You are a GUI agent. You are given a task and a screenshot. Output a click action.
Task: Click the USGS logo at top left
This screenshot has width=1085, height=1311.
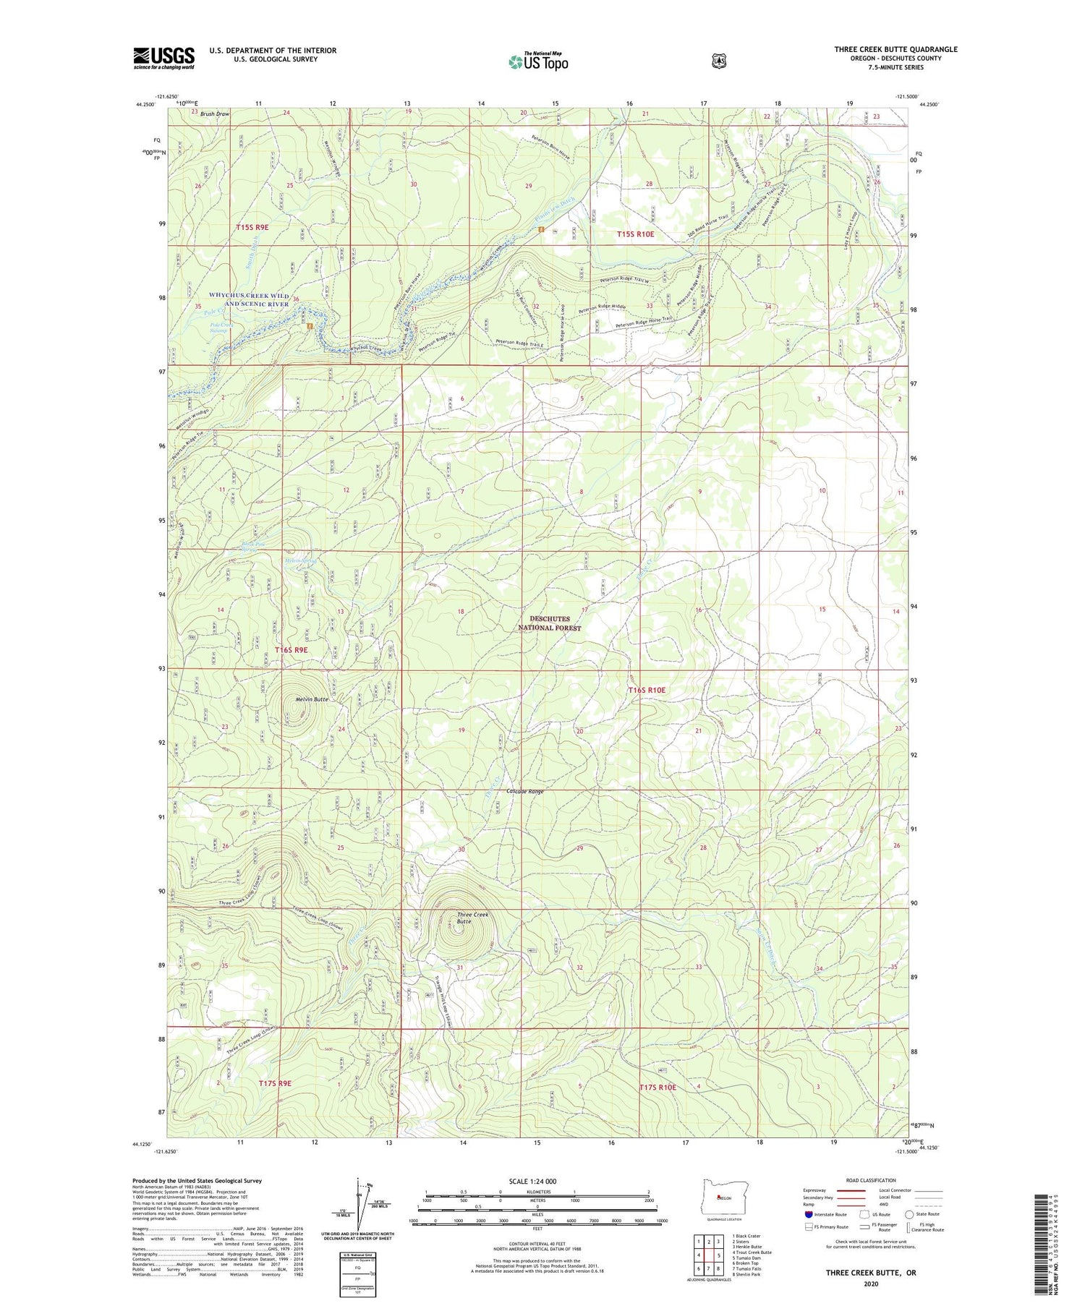pyautogui.click(x=163, y=58)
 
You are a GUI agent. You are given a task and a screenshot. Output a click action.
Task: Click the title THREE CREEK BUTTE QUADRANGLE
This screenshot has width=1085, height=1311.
pyautogui.click(x=895, y=49)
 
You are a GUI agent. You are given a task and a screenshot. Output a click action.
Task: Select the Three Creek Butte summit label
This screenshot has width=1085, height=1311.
pyautogui.click(x=473, y=918)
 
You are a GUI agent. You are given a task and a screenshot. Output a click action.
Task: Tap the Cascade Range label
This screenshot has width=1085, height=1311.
pyautogui.click(x=525, y=792)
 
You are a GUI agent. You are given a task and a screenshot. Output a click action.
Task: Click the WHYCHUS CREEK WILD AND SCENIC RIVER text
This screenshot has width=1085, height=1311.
pyautogui.click(x=249, y=299)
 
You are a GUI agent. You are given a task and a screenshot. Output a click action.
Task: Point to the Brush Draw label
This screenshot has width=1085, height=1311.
pyautogui.click(x=215, y=114)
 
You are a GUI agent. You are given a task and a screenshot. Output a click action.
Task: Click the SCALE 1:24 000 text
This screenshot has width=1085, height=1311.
pyautogui.click(x=537, y=1182)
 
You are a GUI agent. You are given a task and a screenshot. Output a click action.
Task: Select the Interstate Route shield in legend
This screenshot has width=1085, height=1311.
pyautogui.click(x=809, y=1214)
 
